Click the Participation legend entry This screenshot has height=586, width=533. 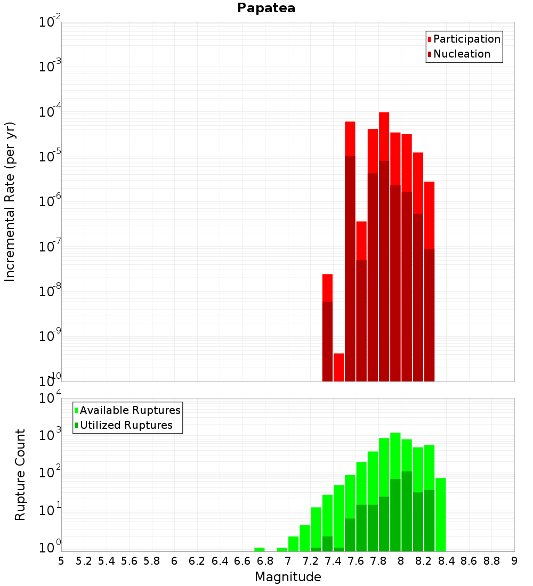pyautogui.click(x=466, y=39)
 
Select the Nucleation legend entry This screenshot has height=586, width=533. pyautogui.click(x=461, y=54)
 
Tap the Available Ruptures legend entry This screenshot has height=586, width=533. pyautogui.click(x=130, y=410)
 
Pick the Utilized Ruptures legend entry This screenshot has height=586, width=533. pyautogui.click(x=125, y=425)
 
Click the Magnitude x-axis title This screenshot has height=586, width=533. pyautogui.click(x=288, y=577)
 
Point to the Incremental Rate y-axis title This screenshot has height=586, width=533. pyautogui.click(x=10, y=201)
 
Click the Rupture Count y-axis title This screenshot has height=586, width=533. pyautogui.click(x=20, y=474)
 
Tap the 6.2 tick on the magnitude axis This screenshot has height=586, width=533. pyautogui.click(x=197, y=560)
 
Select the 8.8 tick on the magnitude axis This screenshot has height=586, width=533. pyautogui.click(x=492, y=560)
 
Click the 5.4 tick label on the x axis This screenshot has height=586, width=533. pyautogui.click(x=107, y=560)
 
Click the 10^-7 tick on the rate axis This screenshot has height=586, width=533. pyautogui.click(x=50, y=247)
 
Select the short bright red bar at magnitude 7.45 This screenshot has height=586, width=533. pyautogui.click(x=338, y=368)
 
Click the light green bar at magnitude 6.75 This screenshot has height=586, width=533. pyautogui.click(x=260, y=549)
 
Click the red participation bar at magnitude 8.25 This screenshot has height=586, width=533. pyautogui.click(x=429, y=213)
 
